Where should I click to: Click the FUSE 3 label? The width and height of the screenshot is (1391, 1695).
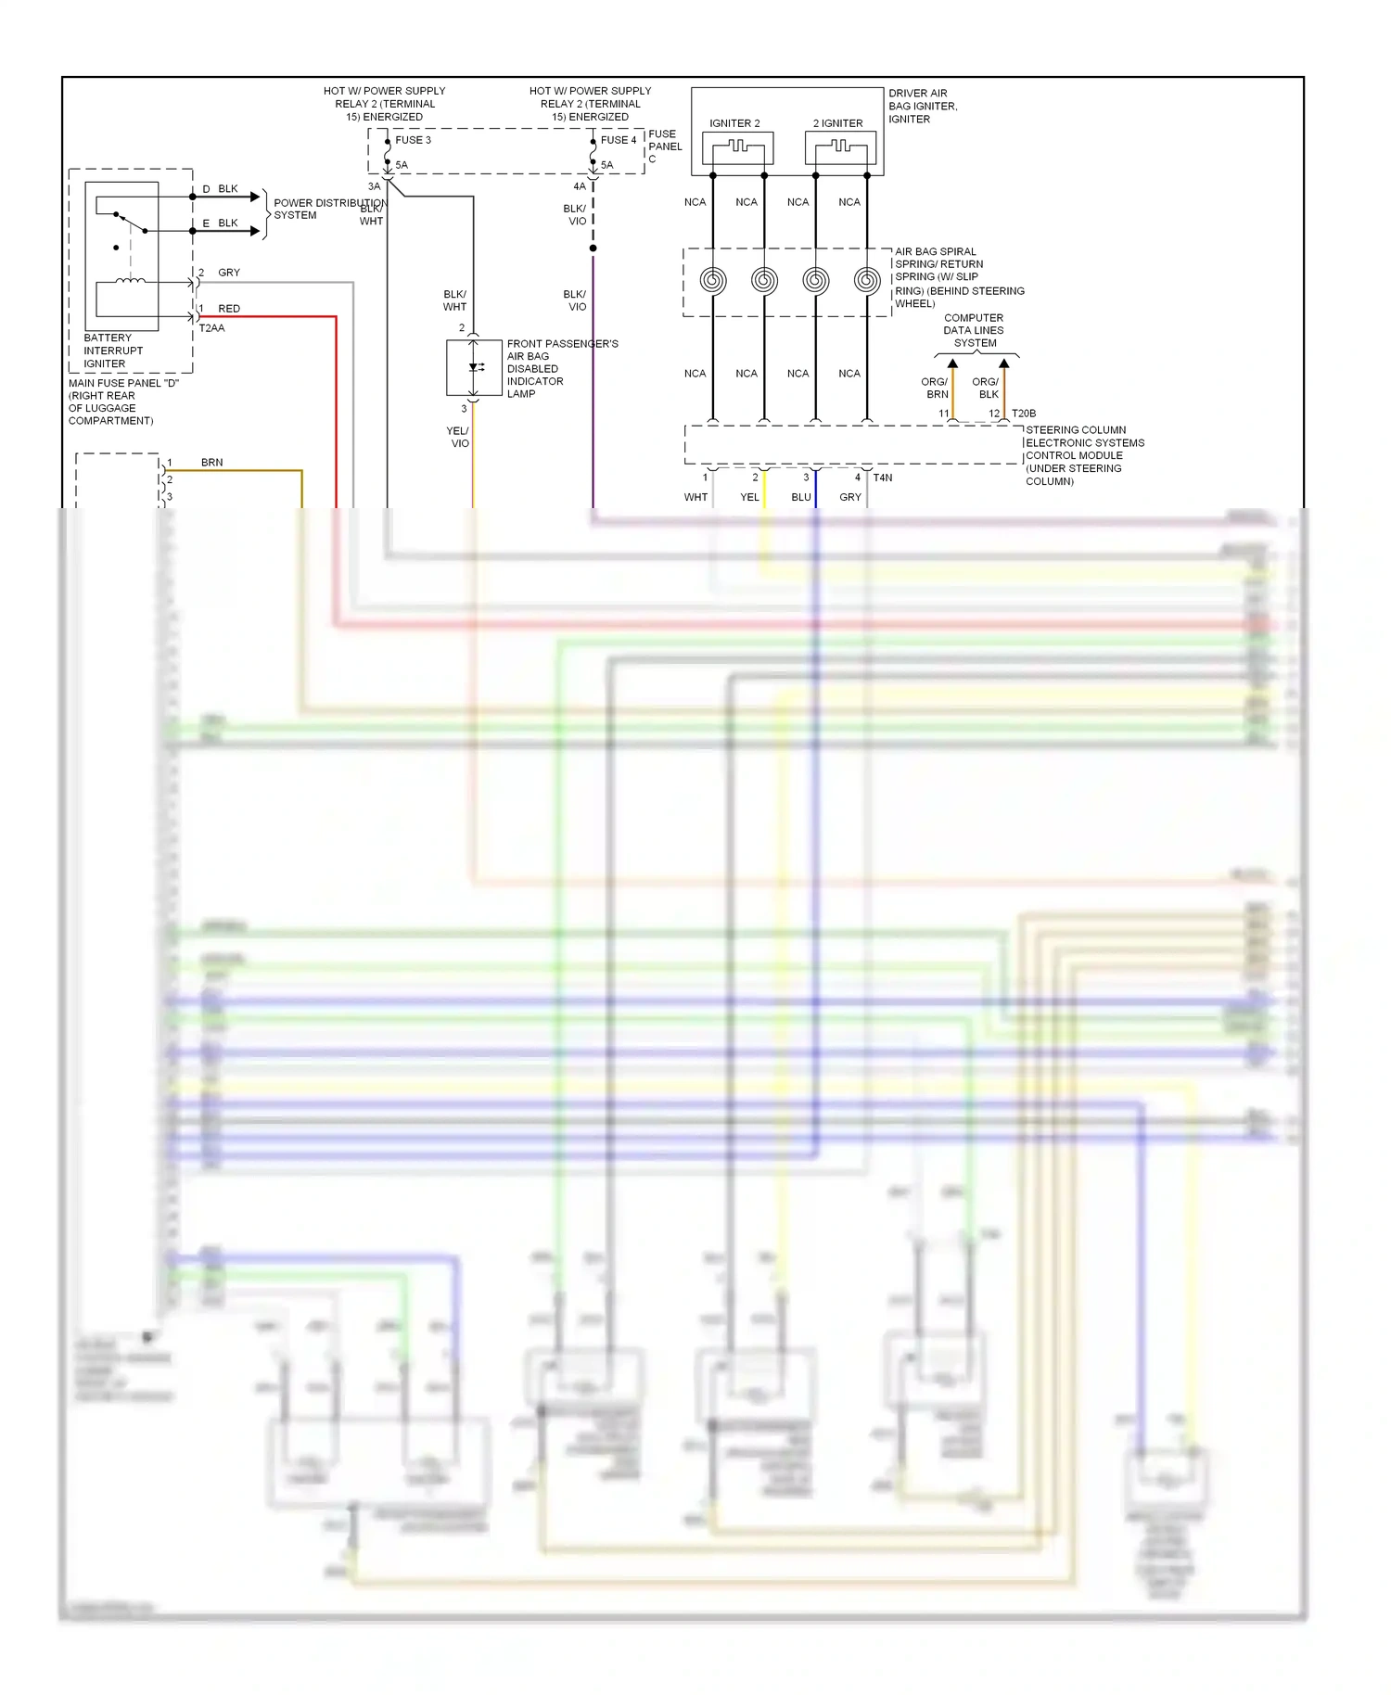[x=413, y=140]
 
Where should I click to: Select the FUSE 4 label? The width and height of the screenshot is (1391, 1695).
[x=619, y=140]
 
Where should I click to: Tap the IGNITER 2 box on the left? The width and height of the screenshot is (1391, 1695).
[x=737, y=147]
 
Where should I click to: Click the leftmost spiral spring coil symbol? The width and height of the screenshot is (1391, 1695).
[x=712, y=280]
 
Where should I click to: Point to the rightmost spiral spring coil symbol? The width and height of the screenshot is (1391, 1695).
[x=867, y=280]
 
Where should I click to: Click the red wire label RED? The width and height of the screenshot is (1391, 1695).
[x=228, y=309]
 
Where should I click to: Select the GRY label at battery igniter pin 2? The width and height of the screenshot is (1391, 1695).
[x=228, y=273]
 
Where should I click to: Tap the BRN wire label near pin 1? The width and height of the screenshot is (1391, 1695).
[x=211, y=463]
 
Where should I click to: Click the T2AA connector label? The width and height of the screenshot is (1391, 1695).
[x=211, y=328]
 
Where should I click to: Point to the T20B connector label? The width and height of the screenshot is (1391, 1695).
[x=1024, y=414]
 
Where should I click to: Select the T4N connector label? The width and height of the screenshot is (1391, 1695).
[x=883, y=478]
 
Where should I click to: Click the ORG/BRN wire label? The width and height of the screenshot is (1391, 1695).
[x=935, y=388]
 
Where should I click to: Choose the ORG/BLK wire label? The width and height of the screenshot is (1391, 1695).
[x=986, y=388]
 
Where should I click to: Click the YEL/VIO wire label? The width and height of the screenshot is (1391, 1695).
[x=458, y=437]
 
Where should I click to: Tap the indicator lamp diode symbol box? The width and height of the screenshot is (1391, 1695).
[x=474, y=368]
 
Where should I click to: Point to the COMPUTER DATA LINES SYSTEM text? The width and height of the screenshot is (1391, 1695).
[x=974, y=330]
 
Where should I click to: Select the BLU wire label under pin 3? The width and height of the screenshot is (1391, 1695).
[x=801, y=497]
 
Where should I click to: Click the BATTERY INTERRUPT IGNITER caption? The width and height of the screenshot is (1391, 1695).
[x=113, y=350]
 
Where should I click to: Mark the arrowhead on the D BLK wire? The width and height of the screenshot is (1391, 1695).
[x=255, y=197]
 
